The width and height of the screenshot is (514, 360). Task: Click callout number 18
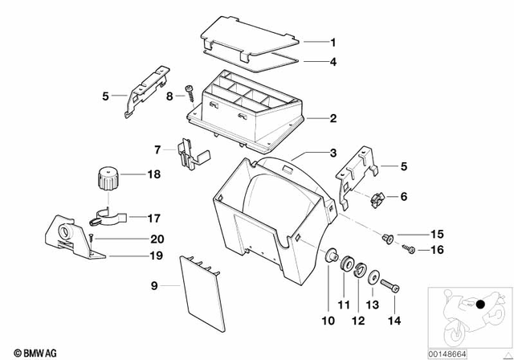click(153, 173)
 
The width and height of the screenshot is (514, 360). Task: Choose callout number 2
click(333, 119)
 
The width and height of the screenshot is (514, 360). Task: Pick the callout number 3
click(333, 153)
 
